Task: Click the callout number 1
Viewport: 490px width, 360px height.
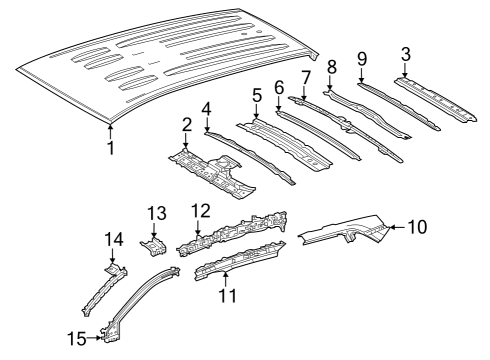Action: pos(111,149)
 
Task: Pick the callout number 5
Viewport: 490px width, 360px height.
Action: pos(256,96)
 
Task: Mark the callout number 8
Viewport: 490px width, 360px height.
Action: pos(331,67)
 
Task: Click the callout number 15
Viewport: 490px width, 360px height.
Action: pos(77,339)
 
